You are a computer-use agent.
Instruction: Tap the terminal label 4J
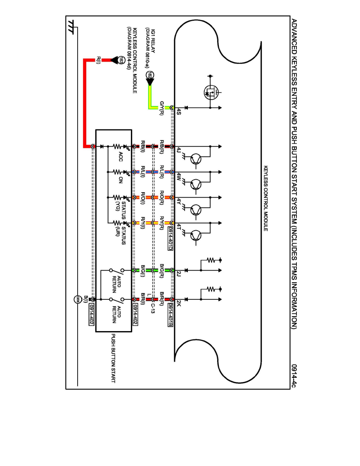[x=178, y=150]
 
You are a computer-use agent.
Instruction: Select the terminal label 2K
[x=178, y=303]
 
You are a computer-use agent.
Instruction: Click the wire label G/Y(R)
[x=161, y=108]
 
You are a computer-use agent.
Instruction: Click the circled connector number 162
[x=151, y=75]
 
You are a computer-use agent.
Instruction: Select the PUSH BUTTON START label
[x=114, y=359]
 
